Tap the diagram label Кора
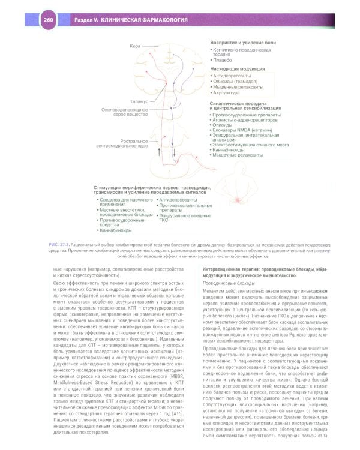click(136, 46)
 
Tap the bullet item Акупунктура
click(227, 92)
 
